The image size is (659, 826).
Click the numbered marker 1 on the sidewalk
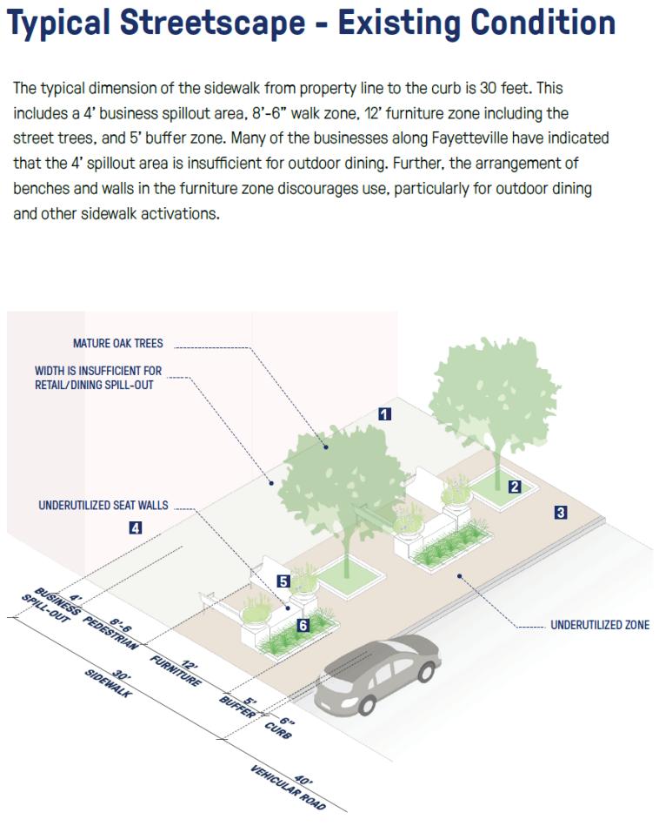coord(384,414)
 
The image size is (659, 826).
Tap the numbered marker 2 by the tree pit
coord(515,487)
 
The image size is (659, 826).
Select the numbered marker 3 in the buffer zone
coord(561,513)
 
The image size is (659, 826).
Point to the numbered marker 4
coord(135,527)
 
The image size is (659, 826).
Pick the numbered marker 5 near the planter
coord(283,581)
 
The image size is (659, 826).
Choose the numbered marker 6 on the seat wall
coord(303,625)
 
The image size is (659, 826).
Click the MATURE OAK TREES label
coord(117,344)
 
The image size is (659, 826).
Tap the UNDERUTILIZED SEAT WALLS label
coord(103,505)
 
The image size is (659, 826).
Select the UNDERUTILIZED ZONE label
coord(600,625)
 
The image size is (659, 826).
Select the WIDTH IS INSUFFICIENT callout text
coord(98,378)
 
